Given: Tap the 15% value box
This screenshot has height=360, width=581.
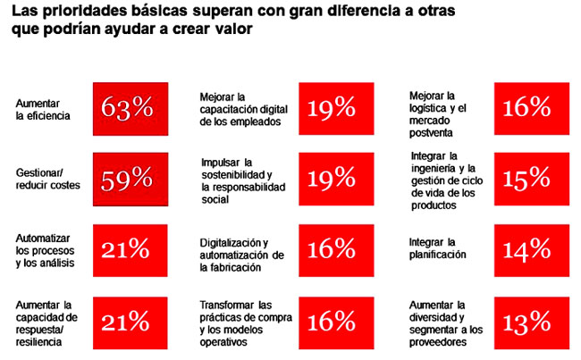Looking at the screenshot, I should pos(526,180).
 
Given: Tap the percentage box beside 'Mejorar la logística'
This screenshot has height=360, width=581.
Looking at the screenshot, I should pos(526,108).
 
